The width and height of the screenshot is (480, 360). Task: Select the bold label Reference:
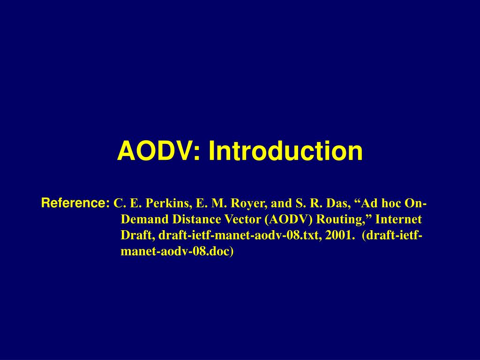[x=75, y=202]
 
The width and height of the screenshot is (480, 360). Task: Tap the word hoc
[x=391, y=203]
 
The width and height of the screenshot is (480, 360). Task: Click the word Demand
[x=145, y=219]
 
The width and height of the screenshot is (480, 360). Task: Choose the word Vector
[x=242, y=219]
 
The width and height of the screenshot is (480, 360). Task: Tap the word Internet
[x=398, y=219]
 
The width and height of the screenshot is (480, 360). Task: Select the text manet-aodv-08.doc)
[x=177, y=251]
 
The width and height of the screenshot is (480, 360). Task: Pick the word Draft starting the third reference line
[x=138, y=235]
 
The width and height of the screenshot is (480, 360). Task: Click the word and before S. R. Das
[x=281, y=203]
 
